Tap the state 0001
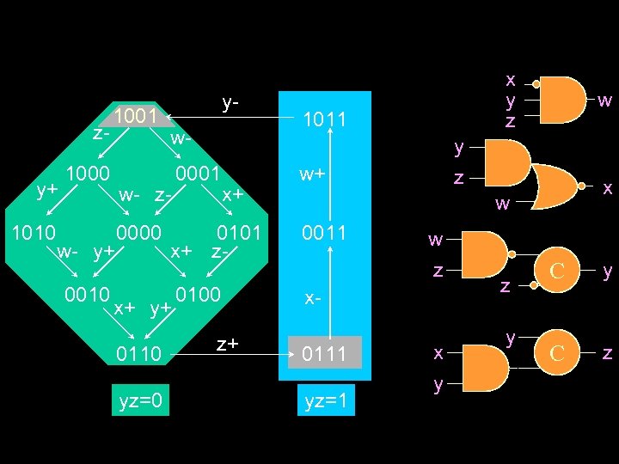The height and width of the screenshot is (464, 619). [x=199, y=173]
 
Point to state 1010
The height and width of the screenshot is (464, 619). [x=34, y=233]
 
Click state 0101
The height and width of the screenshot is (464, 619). [x=240, y=233]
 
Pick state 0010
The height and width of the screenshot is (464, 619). [x=87, y=293]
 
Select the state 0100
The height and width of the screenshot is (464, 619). [x=199, y=293]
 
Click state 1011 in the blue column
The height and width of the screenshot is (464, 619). [x=323, y=120]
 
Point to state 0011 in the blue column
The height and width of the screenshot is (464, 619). [x=323, y=233]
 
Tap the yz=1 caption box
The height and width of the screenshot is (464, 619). [x=326, y=400]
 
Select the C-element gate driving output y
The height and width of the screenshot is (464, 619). [x=556, y=272]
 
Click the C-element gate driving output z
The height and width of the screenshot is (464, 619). [x=556, y=351]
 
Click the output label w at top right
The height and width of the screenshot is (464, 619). [x=604, y=101]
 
